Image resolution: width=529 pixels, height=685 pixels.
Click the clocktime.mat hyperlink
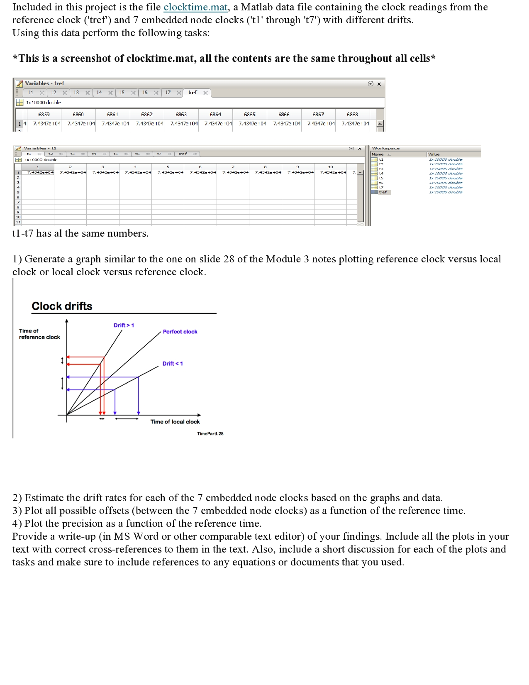pos(195,7)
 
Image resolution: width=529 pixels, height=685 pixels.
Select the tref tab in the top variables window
pos(193,93)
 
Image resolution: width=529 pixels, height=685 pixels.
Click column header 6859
pos(44,114)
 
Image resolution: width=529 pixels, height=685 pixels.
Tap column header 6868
pos(352,114)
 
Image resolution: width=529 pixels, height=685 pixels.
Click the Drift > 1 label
pos(124,325)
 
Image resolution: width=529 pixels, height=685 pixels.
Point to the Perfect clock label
pos(180,332)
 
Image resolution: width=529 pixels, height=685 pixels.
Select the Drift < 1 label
pos(173,364)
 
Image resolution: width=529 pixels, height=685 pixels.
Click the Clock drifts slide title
pos(62,306)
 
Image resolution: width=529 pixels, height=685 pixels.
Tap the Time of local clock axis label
pos(175,422)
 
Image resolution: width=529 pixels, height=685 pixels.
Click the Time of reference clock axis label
pos(39,334)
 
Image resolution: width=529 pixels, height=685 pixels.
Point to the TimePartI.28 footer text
pos(210,433)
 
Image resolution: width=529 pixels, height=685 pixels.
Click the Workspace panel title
pos(385,148)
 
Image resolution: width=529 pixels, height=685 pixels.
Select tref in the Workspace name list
pos(383,192)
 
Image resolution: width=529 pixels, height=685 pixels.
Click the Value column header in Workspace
pos(434,154)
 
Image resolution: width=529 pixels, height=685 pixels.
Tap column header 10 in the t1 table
pos(330,167)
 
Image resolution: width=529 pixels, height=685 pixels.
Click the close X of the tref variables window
pos(379,84)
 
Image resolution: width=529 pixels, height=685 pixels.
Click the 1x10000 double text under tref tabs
pos(43,103)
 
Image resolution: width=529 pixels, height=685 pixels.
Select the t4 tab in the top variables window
pos(99,93)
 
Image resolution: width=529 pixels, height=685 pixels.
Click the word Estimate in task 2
pos(44,498)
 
